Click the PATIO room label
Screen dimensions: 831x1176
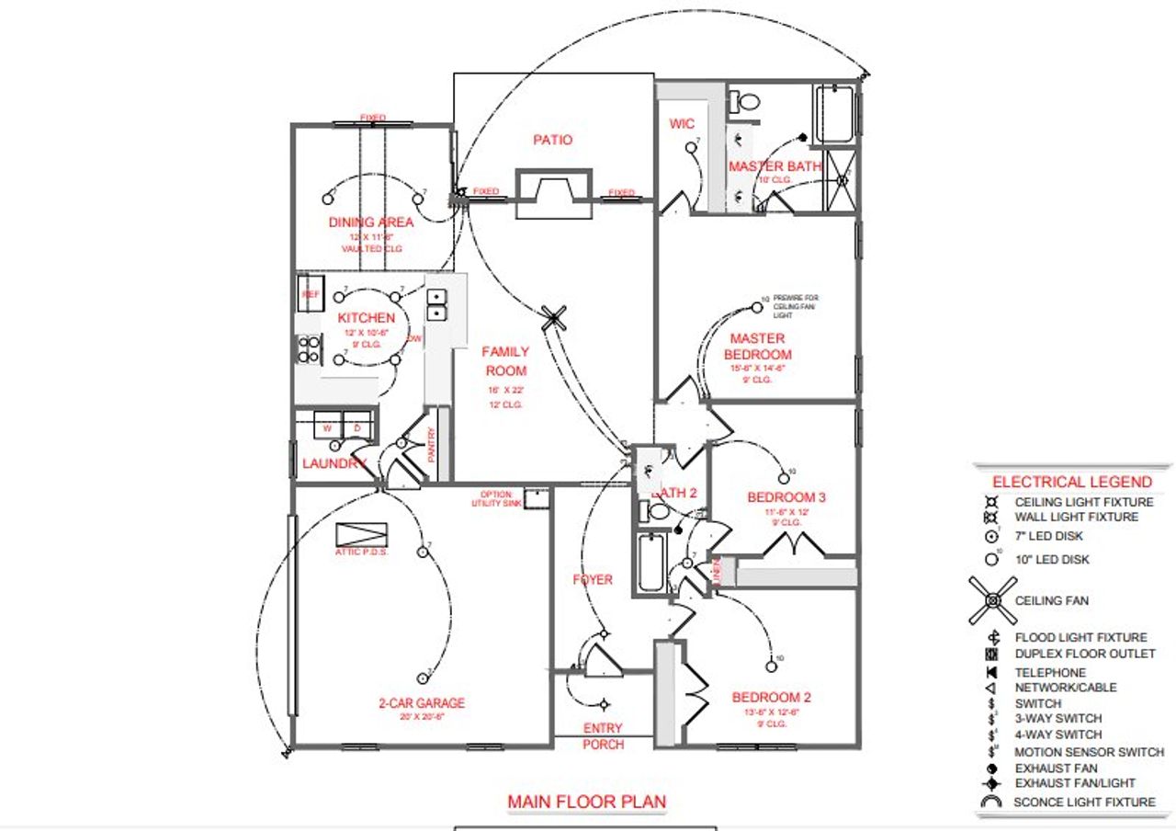[x=552, y=140]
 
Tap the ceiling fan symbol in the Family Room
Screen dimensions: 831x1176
[x=552, y=317]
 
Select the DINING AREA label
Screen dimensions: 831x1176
[x=371, y=222]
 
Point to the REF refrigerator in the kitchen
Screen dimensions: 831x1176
[x=310, y=294]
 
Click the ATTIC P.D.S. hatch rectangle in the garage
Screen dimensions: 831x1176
[x=362, y=535]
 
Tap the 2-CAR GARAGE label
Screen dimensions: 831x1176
[x=422, y=703]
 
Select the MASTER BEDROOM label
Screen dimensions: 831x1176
[x=758, y=347]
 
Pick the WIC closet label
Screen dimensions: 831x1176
[x=682, y=124]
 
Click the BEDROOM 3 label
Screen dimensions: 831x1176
[x=786, y=497]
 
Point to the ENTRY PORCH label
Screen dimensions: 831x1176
[x=603, y=735]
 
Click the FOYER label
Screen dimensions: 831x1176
[x=592, y=580]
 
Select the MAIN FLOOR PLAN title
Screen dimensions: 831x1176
[x=586, y=802]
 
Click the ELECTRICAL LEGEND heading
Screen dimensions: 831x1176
[x=1071, y=482]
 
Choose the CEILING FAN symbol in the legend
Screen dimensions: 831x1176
[x=992, y=601]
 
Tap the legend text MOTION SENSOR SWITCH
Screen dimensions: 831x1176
[x=1089, y=752]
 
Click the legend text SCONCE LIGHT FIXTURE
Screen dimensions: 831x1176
[x=1084, y=802]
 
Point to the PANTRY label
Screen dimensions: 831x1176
[x=432, y=445]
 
